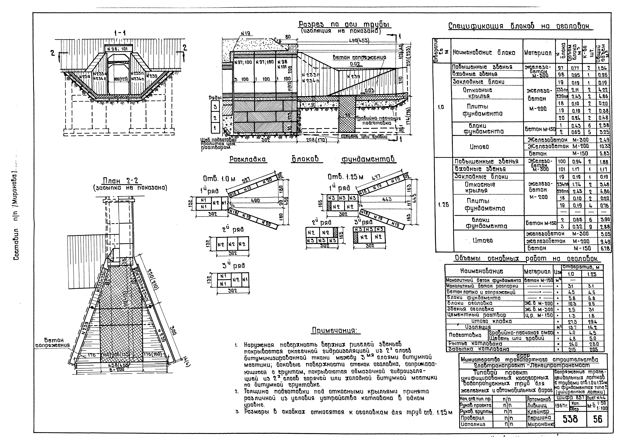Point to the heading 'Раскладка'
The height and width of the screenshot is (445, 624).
[x=248, y=159]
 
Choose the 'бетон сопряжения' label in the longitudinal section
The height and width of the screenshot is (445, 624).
[x=359, y=58]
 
